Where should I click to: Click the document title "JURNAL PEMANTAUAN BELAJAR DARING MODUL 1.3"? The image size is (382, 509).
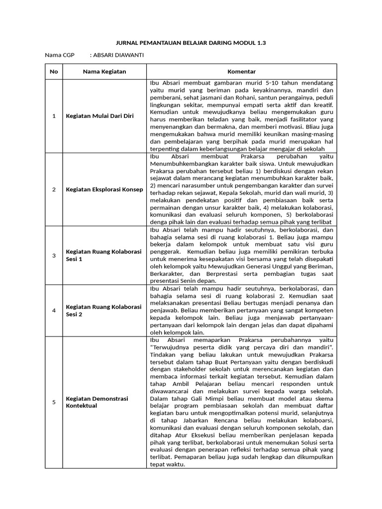191,43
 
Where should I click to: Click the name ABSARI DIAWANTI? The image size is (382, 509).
119,55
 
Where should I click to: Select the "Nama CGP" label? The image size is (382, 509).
59,55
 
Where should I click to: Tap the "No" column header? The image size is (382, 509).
54,72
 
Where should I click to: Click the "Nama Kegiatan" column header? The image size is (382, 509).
104,72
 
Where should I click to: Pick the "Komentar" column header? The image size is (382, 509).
241,72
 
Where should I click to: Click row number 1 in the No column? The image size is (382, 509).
54,116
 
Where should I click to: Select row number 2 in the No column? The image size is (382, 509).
54,189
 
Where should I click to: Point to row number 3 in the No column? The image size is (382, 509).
54,255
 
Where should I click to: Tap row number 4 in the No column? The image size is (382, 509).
54,311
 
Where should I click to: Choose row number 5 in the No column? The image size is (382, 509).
54,402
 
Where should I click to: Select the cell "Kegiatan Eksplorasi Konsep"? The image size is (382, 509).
104,189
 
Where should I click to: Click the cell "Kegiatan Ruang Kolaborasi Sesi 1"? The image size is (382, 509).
104,255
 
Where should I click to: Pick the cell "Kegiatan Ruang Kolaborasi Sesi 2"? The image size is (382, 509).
104,311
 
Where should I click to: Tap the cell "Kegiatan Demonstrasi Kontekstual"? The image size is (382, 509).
97,402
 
